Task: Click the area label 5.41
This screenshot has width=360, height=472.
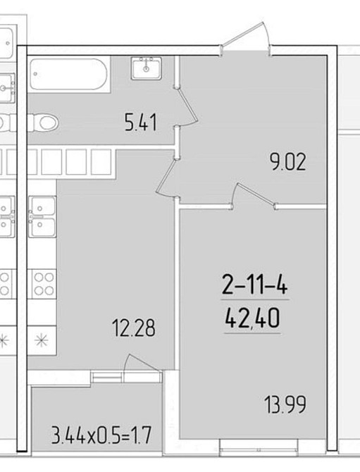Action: click(x=141, y=123)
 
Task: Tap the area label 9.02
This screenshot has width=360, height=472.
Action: click(x=288, y=161)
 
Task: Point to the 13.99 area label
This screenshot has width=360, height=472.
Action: click(x=285, y=404)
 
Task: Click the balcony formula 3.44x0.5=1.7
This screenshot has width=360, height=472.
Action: click(x=101, y=435)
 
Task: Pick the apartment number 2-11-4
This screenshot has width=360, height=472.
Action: click(x=254, y=286)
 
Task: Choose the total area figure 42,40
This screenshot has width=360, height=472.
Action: click(x=252, y=319)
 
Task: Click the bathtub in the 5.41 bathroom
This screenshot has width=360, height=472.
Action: click(x=68, y=74)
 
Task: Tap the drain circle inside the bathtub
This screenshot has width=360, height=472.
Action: click(x=36, y=74)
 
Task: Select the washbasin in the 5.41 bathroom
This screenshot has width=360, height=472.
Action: click(x=147, y=68)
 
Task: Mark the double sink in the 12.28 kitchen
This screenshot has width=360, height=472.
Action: click(x=42, y=216)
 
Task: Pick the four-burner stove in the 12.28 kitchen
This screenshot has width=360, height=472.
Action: click(x=42, y=284)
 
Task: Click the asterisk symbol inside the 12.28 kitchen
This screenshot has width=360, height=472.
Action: click(x=42, y=340)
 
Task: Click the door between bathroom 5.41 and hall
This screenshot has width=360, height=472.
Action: click(x=187, y=107)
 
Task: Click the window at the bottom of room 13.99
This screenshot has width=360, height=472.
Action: click(x=259, y=447)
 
